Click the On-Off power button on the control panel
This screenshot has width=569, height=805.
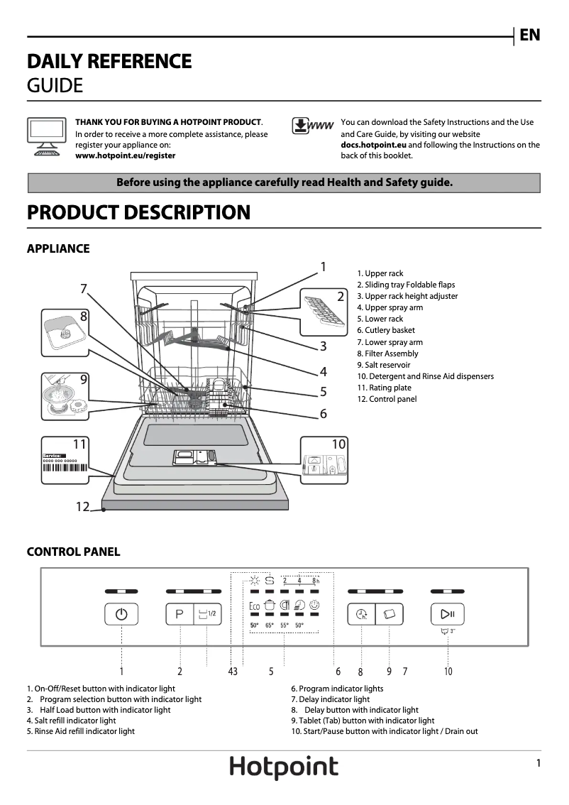pos(121,614)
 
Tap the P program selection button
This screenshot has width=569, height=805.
pos(179,614)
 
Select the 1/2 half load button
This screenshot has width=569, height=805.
pos(207,614)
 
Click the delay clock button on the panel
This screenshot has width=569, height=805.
pos(361,614)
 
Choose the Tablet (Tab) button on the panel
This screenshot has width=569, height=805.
pos(389,614)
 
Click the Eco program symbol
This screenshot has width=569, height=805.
pos(254,606)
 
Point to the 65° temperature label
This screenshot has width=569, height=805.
pos(270,625)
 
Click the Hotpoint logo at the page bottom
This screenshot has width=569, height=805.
pos(284,767)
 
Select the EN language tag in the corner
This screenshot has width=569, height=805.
pos(529,35)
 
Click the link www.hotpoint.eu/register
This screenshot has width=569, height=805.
pos(126,155)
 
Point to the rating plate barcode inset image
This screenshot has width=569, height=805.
pos(65,461)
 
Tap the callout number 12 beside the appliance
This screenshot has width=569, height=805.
pos(83,506)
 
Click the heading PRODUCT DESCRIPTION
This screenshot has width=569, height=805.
pos(138,212)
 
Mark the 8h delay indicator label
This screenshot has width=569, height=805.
pos(316,581)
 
